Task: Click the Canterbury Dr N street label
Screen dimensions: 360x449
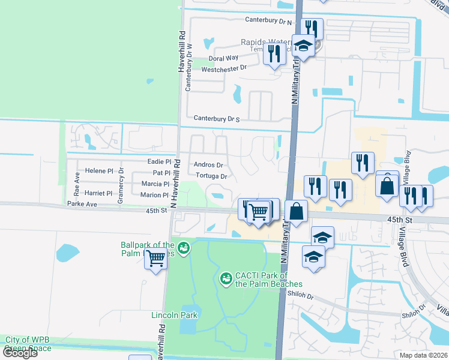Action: (268, 21)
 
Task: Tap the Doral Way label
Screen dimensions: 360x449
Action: (223, 58)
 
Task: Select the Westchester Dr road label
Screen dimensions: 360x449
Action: (224, 68)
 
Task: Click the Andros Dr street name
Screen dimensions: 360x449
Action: (209, 165)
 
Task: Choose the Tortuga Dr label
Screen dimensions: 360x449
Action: (211, 176)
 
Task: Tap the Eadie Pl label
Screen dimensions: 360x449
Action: (160, 161)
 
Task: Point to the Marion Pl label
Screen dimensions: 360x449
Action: (155, 195)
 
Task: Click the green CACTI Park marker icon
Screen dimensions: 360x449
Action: (226, 278)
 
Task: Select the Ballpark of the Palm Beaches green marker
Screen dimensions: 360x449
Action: (184, 247)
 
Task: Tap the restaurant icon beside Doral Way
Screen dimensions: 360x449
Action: (274, 54)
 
